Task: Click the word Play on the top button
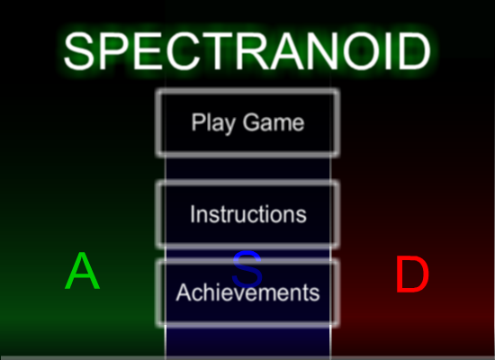click(213, 123)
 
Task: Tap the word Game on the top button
click(274, 122)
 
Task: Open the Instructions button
click(247, 214)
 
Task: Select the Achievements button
click(247, 292)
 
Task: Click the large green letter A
click(83, 271)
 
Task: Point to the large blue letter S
click(247, 269)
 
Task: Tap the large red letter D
click(412, 274)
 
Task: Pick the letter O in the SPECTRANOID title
click(362, 51)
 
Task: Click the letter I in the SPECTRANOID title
click(389, 51)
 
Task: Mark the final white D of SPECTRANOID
click(415, 51)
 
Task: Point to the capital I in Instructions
click(193, 214)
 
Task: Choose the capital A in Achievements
click(184, 292)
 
